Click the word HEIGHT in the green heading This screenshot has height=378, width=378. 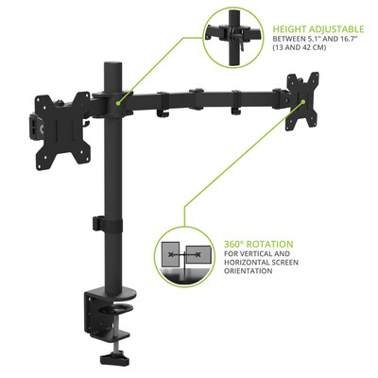[290, 29]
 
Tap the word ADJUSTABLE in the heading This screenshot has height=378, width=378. [336, 29]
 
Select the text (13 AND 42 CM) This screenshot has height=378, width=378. [300, 47]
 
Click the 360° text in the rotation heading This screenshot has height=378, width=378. [234, 244]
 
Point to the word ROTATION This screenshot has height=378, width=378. [270, 244]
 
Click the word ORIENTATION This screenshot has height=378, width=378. [249, 271]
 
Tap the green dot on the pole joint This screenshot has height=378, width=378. [118, 103]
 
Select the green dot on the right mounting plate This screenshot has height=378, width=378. [303, 101]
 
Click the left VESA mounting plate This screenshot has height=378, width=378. [62, 130]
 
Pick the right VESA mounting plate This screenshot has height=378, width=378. [302, 101]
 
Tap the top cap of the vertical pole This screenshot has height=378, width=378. [112, 64]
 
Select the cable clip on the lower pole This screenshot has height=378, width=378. [98, 223]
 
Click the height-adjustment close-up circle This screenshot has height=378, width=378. [233, 37]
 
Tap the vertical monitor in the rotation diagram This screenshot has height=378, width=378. [170, 253]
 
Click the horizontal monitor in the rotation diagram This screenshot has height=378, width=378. [198, 254]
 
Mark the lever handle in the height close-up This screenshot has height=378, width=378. [241, 43]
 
